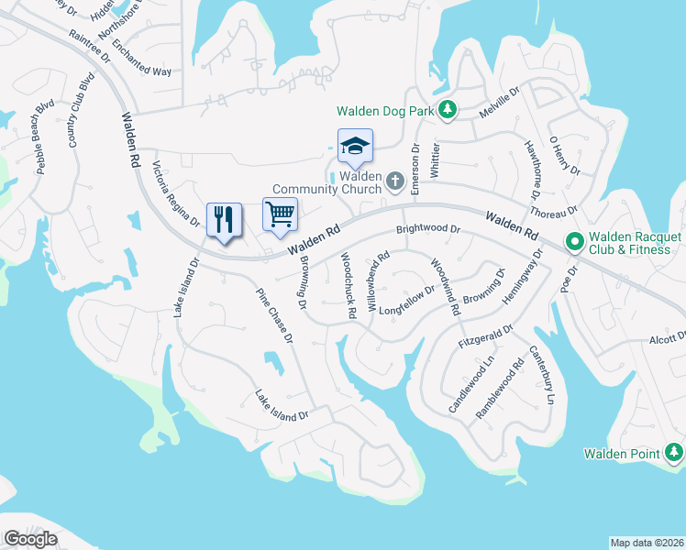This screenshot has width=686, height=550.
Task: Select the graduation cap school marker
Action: coord(355,146)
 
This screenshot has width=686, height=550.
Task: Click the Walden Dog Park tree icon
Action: coord(448,111)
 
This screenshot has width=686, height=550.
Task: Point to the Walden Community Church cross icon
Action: coord(395,181)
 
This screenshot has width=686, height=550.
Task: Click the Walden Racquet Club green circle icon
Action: coord(575,242)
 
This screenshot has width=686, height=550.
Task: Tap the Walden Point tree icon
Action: coord(674,453)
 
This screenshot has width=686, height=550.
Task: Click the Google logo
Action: coord(30,539)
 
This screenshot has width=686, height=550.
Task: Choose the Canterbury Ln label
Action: coord(540,376)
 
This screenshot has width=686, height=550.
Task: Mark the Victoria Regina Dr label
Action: coord(175,194)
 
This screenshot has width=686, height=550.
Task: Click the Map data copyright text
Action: coord(647,542)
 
